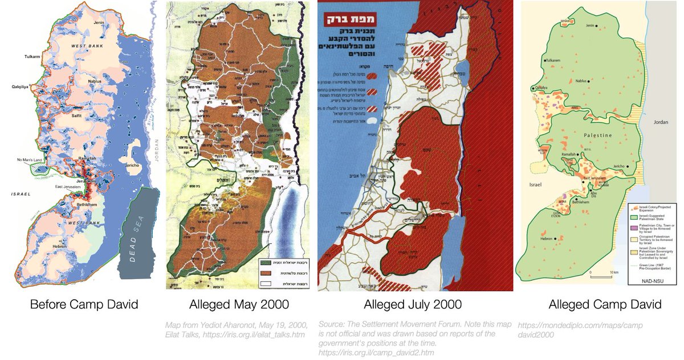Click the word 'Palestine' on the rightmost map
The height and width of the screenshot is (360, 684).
pos(581,135)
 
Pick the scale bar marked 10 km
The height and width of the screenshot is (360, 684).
pos(605,275)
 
